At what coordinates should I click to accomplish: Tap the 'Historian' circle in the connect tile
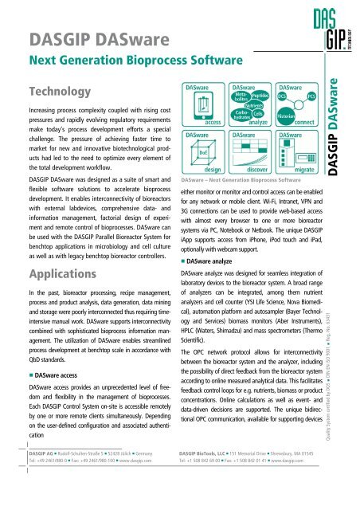tap(290, 116)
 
